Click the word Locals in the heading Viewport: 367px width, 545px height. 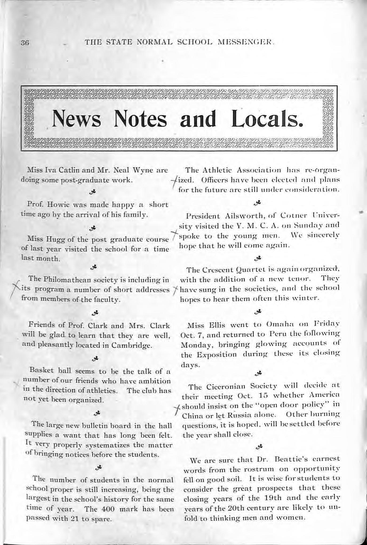(x=267, y=119)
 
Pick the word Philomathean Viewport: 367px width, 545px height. (x=62, y=280)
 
